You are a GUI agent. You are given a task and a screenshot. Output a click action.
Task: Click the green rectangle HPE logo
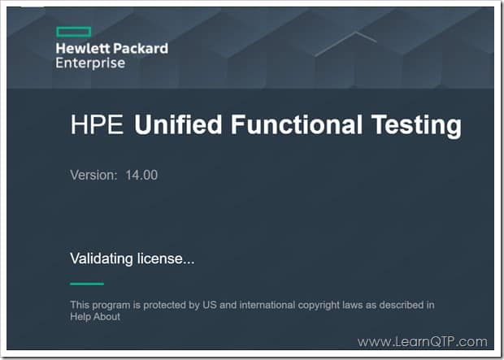click(x=74, y=33)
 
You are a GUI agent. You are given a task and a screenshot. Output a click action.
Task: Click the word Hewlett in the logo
click(x=83, y=49)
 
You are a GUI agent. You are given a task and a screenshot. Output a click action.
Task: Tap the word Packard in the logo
click(x=141, y=49)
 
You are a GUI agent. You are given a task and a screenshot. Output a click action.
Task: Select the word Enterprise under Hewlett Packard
click(x=90, y=63)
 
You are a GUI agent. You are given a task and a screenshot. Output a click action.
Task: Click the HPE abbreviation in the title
click(x=97, y=124)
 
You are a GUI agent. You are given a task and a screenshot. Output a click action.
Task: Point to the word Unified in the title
click(x=178, y=124)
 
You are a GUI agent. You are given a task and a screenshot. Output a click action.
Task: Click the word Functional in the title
click(x=297, y=124)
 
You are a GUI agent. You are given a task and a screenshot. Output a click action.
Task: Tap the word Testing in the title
click(x=416, y=125)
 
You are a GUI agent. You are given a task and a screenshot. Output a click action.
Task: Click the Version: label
click(x=93, y=176)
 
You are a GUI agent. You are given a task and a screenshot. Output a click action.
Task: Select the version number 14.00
click(x=141, y=176)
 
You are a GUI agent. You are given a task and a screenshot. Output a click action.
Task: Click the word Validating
click(x=102, y=258)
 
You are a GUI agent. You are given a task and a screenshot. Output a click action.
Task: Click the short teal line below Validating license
click(x=87, y=284)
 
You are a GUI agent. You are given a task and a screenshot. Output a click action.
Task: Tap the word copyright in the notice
click(x=319, y=305)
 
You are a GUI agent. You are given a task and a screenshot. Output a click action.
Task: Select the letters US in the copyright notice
click(x=210, y=305)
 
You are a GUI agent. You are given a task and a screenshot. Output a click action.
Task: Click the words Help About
click(x=95, y=317)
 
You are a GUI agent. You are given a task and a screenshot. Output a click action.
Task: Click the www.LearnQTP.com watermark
click(x=423, y=341)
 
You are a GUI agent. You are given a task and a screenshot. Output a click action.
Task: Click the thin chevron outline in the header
click(x=345, y=44)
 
